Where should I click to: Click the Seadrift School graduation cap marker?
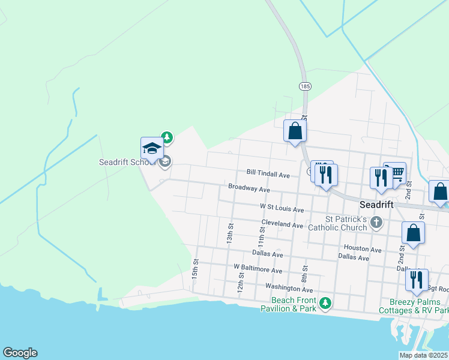coord(152,148)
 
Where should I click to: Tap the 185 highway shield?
coord(305,86)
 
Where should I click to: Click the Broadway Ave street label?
coord(249,188)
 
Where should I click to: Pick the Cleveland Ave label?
coord(282,225)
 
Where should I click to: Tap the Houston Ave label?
coord(362,249)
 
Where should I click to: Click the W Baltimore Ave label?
coord(258,271)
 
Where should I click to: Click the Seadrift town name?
coord(376,205)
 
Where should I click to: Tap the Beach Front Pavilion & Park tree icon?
coord(325,302)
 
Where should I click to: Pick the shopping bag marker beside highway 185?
coord(295,131)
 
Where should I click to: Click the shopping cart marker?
coord(396,174)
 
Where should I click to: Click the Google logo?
coord(20,353)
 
